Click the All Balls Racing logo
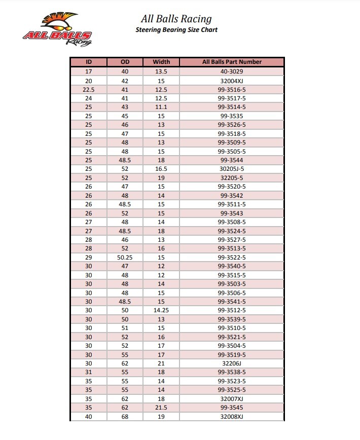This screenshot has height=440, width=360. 56,29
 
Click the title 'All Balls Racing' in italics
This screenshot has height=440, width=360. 176,19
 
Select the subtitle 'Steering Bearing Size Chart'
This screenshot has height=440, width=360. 176,30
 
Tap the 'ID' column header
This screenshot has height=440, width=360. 88,62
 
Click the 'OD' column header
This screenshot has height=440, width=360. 125,62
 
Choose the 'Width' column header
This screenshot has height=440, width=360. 161,62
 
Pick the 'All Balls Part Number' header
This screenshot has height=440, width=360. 232,62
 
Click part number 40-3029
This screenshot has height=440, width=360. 232,71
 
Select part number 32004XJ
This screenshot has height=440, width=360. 232,81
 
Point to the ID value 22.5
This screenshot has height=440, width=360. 88,89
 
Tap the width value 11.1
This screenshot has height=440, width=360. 161,107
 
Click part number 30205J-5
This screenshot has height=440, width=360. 232,169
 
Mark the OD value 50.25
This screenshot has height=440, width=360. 125,258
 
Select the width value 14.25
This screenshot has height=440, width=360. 161,310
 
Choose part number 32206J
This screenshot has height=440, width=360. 232,363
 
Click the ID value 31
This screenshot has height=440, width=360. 88,372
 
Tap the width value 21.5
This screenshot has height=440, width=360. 161,408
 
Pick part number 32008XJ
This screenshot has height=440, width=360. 232,417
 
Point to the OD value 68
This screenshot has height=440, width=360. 125,417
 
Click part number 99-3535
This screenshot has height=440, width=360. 232,116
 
